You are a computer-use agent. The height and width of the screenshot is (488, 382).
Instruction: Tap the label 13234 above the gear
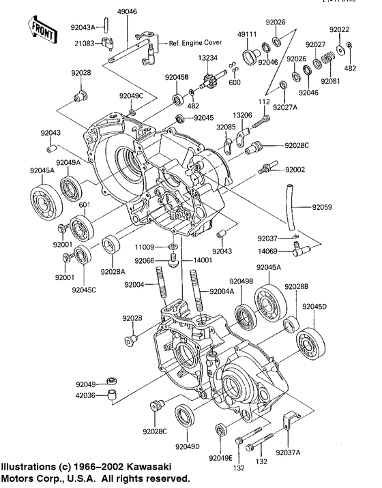(x=208, y=59)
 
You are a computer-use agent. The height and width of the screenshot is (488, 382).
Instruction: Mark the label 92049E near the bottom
(x=221, y=457)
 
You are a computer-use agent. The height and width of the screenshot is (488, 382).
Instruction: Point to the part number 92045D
(x=315, y=307)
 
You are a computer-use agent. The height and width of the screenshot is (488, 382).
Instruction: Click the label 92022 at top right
(x=340, y=30)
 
